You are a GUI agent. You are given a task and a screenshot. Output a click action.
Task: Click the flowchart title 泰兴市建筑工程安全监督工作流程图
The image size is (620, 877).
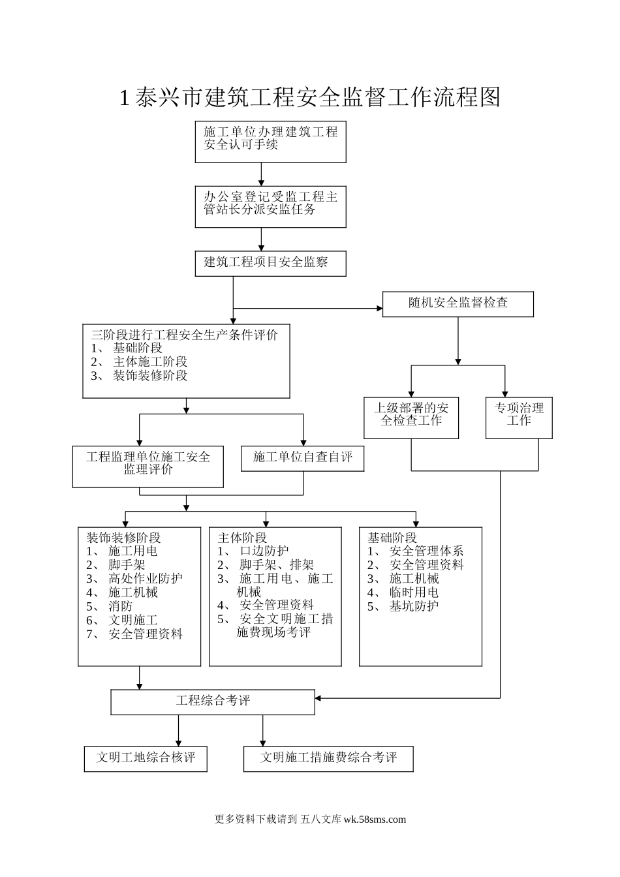[310, 97]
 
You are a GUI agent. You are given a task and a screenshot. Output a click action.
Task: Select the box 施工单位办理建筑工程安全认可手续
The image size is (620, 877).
[270, 141]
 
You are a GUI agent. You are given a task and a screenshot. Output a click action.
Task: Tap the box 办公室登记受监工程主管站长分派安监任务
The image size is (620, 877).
[270, 206]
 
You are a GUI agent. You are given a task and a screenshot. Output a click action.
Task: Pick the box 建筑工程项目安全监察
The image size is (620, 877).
[270, 263]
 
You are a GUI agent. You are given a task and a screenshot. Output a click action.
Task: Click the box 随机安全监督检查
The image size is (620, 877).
[457, 304]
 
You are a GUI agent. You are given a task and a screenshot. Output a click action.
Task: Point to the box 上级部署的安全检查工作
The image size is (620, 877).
[411, 417]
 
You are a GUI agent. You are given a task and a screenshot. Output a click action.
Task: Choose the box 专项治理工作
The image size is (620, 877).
[519, 417]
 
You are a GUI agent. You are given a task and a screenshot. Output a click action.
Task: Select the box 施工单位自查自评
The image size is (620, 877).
[302, 457]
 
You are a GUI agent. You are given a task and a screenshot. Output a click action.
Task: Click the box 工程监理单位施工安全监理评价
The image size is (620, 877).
[148, 466]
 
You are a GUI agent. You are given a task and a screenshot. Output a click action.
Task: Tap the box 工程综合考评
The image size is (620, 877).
[213, 701]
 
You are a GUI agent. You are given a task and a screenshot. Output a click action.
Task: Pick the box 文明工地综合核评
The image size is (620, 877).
[146, 758]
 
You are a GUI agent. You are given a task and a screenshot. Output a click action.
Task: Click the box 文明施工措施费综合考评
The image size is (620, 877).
[328, 758]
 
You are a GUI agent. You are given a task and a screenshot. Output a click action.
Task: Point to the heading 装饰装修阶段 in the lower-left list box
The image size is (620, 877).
[124, 538]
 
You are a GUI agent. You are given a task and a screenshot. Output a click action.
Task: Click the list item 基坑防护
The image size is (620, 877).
[414, 606]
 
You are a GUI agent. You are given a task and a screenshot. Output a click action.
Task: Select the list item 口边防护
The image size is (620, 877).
[264, 551]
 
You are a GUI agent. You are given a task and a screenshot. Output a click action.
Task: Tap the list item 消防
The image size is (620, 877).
[121, 606]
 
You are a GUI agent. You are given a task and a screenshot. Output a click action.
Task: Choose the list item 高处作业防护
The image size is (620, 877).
[146, 579]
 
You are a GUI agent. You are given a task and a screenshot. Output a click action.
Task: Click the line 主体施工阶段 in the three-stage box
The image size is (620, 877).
[150, 362]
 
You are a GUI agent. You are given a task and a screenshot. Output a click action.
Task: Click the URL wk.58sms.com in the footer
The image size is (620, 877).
[374, 820]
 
